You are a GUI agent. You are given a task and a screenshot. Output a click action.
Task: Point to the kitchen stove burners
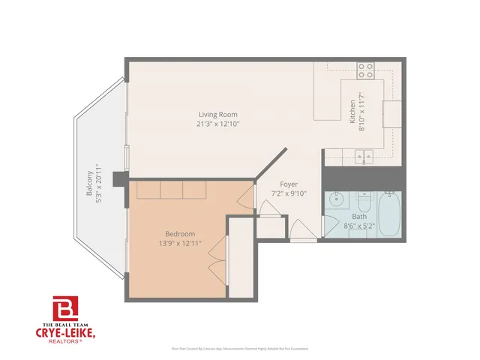click(x=366, y=70)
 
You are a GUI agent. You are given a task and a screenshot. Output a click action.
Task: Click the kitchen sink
click(x=365, y=157)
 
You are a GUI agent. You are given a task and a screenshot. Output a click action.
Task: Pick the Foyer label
click(x=289, y=184)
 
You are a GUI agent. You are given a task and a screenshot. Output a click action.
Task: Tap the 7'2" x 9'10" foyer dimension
click(x=289, y=193)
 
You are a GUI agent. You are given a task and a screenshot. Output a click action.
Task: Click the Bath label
click(x=359, y=217)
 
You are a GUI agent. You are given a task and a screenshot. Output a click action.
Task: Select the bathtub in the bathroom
click(x=389, y=216)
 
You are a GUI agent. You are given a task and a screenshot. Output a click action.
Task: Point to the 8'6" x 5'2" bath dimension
click(x=359, y=226)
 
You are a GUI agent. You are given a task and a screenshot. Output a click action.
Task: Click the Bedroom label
click(x=181, y=233)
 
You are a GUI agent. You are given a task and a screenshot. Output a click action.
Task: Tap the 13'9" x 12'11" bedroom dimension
click(x=181, y=243)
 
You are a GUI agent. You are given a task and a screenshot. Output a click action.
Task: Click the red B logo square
click(x=64, y=308)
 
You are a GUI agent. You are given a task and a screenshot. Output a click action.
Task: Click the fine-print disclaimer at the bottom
click(x=239, y=349)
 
